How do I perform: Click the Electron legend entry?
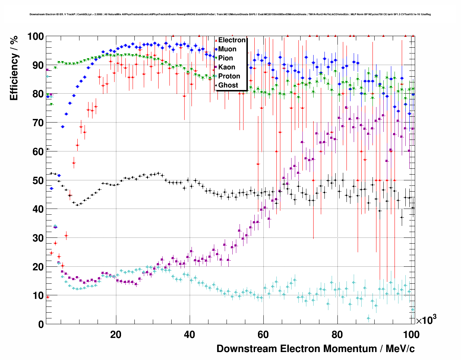click(x=231, y=40)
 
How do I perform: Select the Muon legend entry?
click(x=227, y=49)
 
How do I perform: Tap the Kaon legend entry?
click(x=226, y=67)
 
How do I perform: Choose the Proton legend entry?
click(x=229, y=76)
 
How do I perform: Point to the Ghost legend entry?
click(x=228, y=85)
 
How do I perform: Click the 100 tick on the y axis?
click(x=35, y=37)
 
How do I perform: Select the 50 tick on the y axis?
click(x=38, y=180)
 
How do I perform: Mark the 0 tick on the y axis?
click(x=40, y=324)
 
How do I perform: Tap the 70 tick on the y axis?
click(x=38, y=123)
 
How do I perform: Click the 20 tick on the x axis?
click(x=116, y=335)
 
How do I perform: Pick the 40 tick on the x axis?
click(x=190, y=335)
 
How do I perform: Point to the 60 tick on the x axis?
click(x=263, y=335)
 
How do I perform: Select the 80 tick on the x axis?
click(x=337, y=335)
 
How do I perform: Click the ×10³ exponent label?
click(x=426, y=320)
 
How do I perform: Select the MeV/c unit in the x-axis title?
click(x=400, y=349)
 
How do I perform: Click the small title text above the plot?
click(x=230, y=14)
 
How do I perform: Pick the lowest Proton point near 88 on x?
click(x=369, y=318)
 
